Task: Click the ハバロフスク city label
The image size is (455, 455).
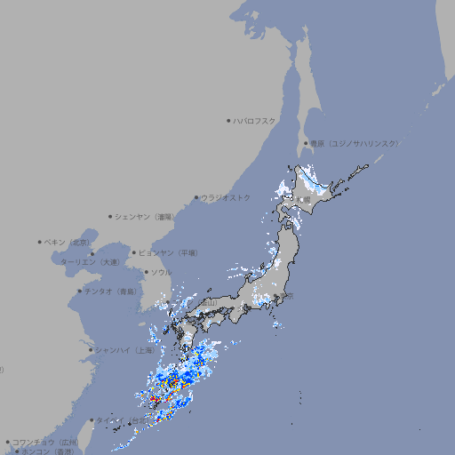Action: tap(255, 120)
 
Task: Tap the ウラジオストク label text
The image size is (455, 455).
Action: tap(226, 197)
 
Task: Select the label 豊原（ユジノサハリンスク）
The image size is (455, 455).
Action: tap(354, 143)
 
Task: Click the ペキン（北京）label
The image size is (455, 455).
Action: tap(68, 242)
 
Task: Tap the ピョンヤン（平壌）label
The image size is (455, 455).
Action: tap(170, 252)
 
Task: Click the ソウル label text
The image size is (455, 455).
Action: tap(161, 272)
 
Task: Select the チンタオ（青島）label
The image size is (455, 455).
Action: tap(111, 291)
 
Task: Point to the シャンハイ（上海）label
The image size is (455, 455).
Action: tap(126, 349)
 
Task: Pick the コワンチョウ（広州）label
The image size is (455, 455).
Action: tap(45, 442)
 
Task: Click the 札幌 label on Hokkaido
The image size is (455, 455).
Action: tap(306, 200)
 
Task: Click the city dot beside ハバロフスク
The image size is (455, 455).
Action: tap(228, 120)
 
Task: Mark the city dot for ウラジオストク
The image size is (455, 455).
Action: tap(196, 197)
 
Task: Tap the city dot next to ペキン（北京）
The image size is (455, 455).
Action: tap(40, 242)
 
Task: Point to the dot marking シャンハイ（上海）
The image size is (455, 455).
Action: tap(91, 349)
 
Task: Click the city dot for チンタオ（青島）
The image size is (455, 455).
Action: tap(79, 291)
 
